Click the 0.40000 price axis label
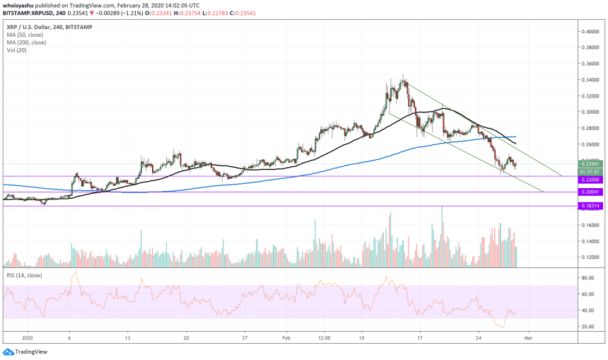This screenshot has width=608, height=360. pyautogui.click(x=591, y=32)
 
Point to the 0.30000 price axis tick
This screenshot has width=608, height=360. pyautogui.click(x=591, y=112)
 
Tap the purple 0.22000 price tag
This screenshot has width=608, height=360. pyautogui.click(x=590, y=180)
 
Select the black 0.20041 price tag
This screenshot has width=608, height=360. pyautogui.click(x=590, y=192)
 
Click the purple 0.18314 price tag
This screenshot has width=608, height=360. pyautogui.click(x=590, y=206)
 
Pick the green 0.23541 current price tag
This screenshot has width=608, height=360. pyautogui.click(x=590, y=164)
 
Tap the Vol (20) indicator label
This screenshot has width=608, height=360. pyautogui.click(x=17, y=50)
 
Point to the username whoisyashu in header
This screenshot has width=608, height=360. pyautogui.click(x=21, y=4)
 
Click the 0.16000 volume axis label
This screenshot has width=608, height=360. pyautogui.click(x=591, y=226)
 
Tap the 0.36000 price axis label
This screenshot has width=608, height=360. pyautogui.click(x=591, y=64)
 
